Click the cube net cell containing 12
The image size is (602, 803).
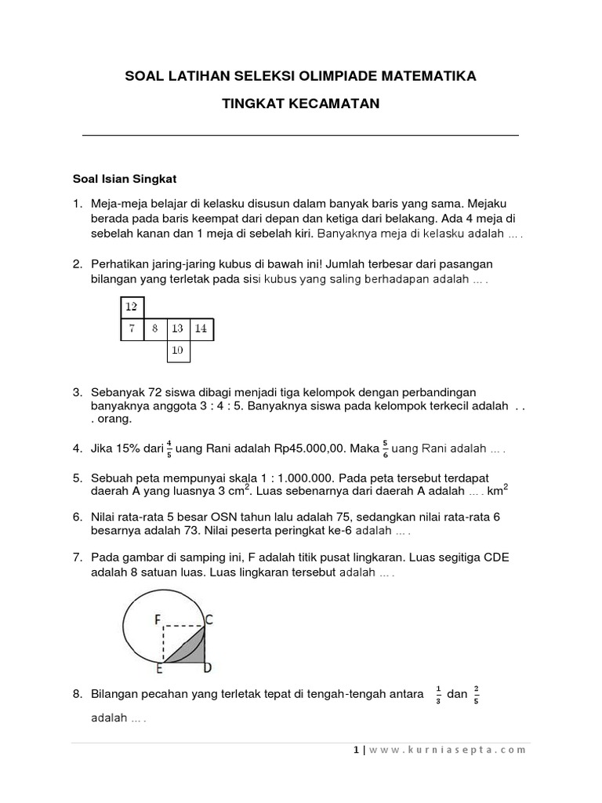(x=131, y=307)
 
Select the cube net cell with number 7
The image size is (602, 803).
(x=131, y=329)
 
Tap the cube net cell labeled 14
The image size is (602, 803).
(x=201, y=329)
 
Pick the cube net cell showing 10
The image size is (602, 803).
(x=178, y=351)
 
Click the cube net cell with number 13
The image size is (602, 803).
(x=178, y=329)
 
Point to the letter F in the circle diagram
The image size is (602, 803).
(x=158, y=620)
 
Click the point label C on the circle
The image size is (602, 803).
(x=210, y=620)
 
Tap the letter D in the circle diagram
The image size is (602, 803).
(x=209, y=668)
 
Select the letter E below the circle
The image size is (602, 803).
(x=159, y=669)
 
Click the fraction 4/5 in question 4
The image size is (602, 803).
(x=169, y=449)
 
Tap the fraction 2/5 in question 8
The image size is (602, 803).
(x=477, y=694)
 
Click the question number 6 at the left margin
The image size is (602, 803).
(x=78, y=518)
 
